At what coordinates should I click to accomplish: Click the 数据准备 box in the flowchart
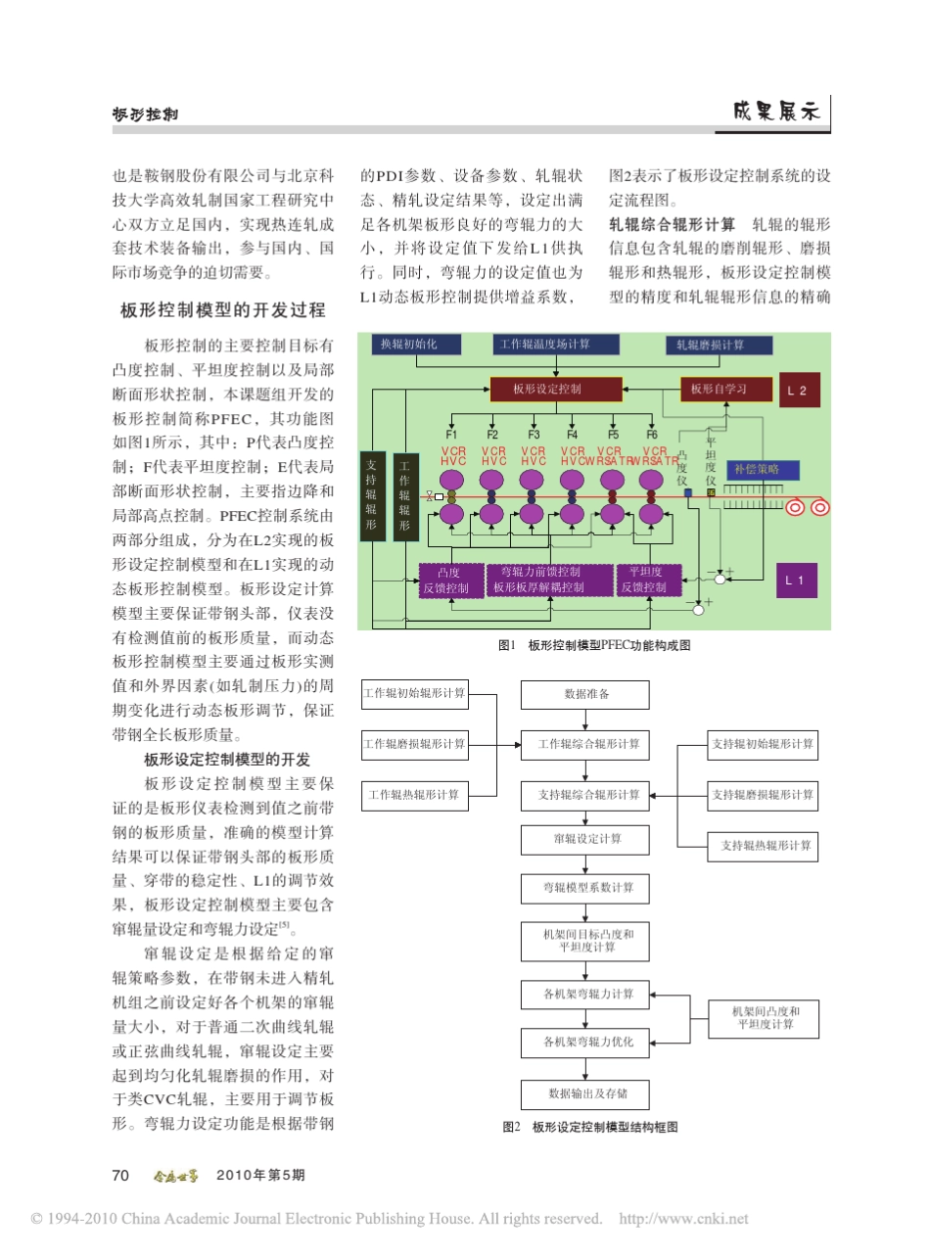point(585,694)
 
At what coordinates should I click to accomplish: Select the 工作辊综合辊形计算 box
point(585,744)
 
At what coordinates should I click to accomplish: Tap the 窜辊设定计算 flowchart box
point(585,839)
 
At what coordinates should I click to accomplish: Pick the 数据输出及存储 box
point(585,1092)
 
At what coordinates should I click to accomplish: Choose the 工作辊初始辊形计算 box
point(414,693)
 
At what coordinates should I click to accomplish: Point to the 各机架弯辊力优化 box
point(585,1043)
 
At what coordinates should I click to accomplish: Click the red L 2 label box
point(797,391)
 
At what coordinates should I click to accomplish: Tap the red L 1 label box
point(797,581)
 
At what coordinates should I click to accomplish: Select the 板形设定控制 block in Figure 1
point(547,390)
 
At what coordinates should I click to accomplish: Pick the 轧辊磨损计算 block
point(719,346)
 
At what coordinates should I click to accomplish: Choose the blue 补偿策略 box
point(757,469)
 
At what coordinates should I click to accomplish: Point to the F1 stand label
point(451,434)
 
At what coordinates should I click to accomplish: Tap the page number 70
point(121,1175)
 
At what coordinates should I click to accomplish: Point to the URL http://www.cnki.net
point(684,1219)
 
